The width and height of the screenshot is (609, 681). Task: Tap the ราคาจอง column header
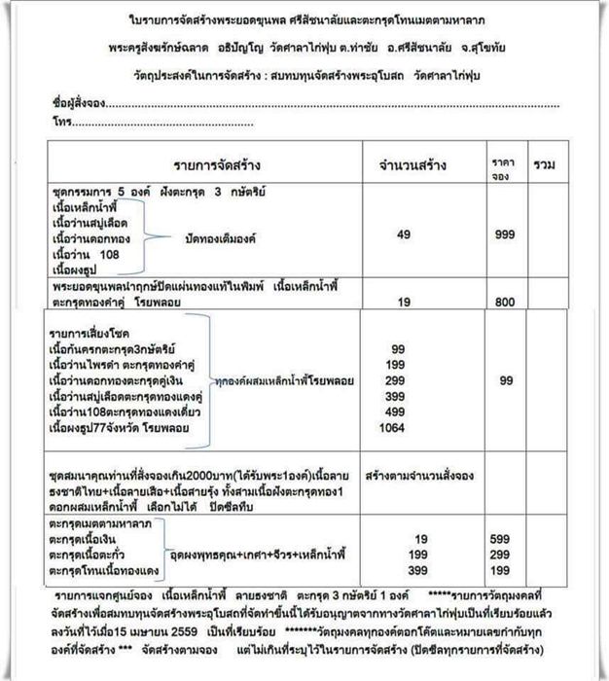pos(503,166)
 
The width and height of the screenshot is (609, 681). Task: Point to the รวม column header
pos(545,166)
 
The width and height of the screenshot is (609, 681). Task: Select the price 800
pos(503,302)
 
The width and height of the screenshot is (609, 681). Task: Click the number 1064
pos(403,428)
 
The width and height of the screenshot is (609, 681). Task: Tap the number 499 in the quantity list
pos(398,412)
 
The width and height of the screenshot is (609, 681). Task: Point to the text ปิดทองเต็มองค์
pos(206,236)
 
